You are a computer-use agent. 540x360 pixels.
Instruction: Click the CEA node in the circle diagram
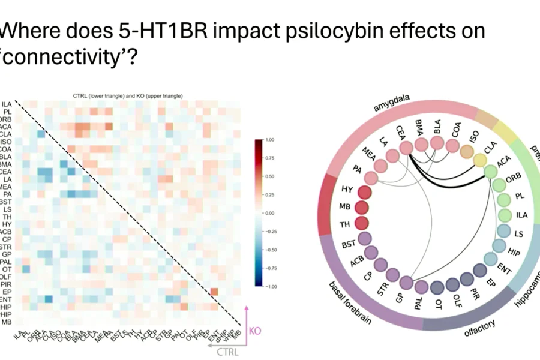(406, 147)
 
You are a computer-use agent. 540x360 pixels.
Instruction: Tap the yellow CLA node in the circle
(479, 160)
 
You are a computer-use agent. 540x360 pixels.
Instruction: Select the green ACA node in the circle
(490, 172)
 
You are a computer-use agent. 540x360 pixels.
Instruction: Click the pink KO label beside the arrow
(255, 330)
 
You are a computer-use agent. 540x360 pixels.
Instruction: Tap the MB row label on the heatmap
(7, 322)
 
